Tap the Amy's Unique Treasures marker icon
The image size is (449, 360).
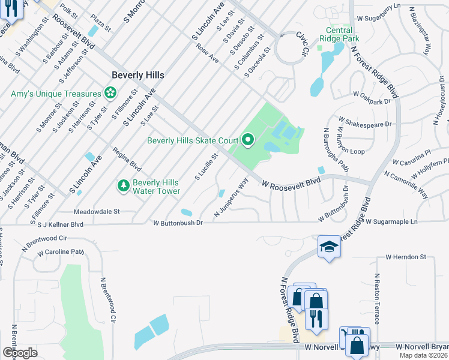[110, 93]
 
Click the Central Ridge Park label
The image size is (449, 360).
[347, 35]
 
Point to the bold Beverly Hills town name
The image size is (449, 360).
[138, 76]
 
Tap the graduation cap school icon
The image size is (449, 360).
[329, 247]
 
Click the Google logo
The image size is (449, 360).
[20, 352]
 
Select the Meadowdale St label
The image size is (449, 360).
[97, 212]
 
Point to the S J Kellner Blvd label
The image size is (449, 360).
[60, 225]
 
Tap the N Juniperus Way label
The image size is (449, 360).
[232, 200]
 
